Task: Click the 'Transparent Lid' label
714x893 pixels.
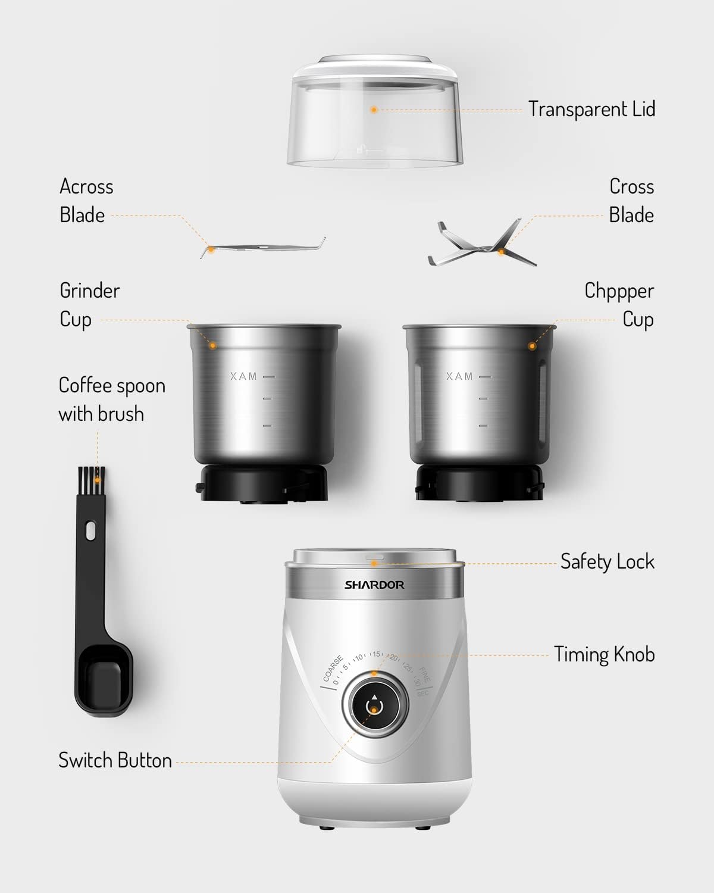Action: (591, 110)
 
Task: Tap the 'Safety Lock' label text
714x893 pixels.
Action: (607, 561)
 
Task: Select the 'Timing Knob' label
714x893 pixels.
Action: (604, 654)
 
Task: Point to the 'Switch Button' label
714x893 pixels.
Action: (115, 760)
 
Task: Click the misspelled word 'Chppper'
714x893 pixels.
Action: (619, 291)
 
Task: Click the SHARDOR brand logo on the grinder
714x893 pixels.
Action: (374, 585)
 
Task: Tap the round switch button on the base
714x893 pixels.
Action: (374, 706)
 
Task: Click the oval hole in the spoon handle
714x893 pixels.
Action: (90, 530)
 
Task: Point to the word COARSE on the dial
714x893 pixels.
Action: (333, 669)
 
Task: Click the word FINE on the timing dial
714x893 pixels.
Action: (424, 675)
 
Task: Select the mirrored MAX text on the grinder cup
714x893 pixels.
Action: (243, 376)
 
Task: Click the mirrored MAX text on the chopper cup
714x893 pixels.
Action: (459, 376)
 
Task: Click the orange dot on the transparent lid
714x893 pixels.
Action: (374, 110)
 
